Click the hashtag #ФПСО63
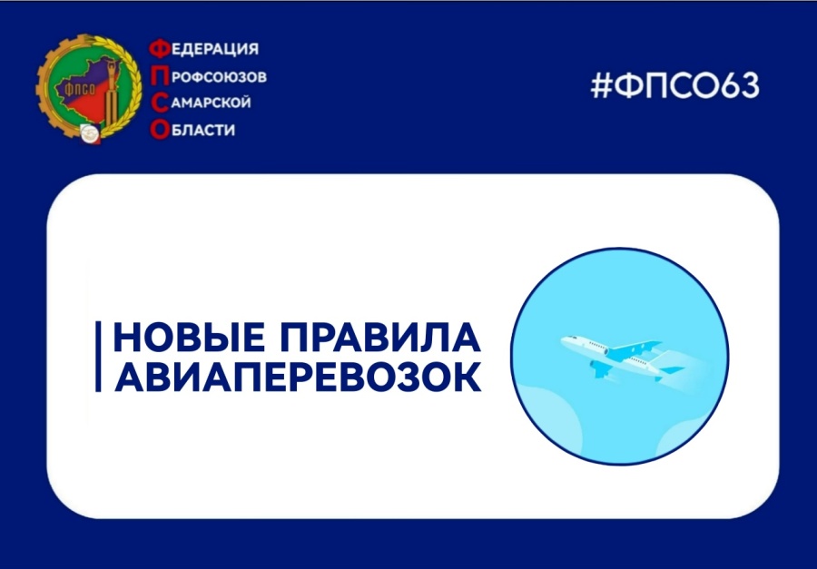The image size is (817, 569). [674, 87]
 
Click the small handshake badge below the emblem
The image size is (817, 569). [91, 135]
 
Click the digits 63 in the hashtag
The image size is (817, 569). [741, 87]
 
